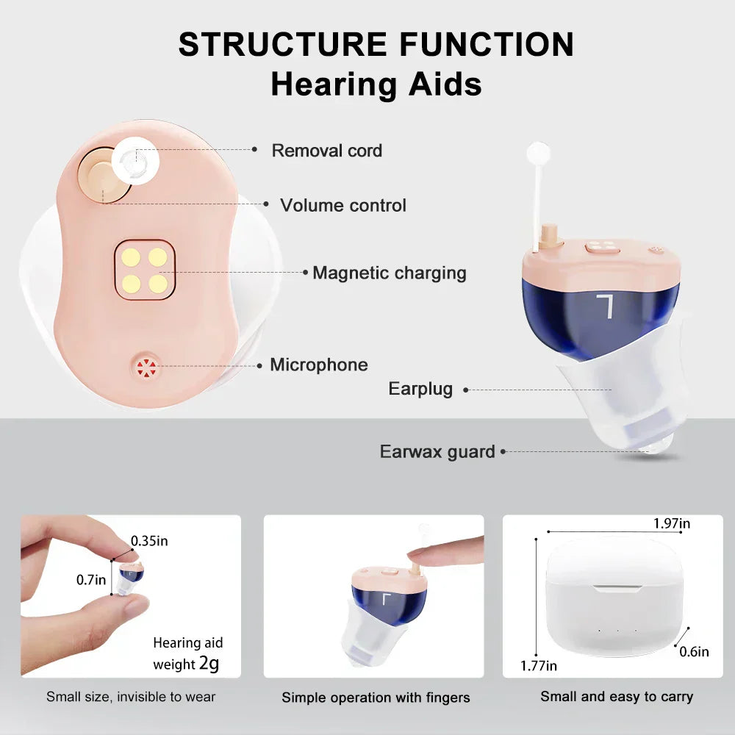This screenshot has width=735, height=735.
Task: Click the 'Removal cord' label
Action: click(326, 151)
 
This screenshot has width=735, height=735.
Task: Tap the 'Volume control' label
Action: click(343, 205)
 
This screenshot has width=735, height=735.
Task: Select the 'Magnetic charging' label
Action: click(389, 273)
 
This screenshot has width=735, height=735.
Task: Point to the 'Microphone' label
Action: click(318, 365)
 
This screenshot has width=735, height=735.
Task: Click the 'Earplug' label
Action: click(420, 389)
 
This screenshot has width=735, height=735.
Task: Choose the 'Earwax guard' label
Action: click(437, 451)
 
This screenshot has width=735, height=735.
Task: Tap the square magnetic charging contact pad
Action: click(145, 270)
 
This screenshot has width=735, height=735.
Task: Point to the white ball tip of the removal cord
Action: click(538, 153)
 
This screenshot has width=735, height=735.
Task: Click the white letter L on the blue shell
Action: click(606, 305)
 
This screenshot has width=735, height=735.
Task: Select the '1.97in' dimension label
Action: click(672, 523)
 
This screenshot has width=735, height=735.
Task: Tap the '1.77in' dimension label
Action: click(539, 666)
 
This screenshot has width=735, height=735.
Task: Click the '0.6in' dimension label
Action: click(693, 651)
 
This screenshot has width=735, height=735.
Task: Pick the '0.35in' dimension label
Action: click(149, 541)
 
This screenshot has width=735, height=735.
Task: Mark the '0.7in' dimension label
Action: click(91, 580)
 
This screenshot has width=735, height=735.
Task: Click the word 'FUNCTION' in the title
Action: click(487, 45)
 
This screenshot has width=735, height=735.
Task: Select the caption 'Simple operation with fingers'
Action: click(376, 698)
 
